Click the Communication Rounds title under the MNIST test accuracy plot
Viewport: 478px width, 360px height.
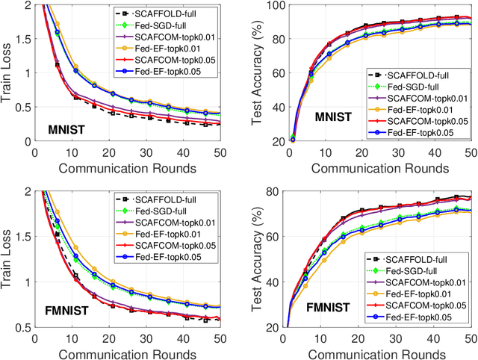pos(379,166)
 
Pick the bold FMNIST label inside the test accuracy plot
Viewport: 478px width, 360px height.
pos(321,306)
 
